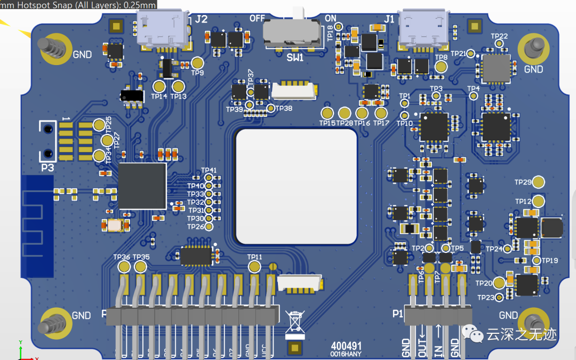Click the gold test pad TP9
coord(197,62)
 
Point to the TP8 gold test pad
coord(441,66)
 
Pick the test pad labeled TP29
coord(539,182)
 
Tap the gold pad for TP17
coord(380,113)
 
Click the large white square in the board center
coord(297,187)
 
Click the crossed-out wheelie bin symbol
coord(294,324)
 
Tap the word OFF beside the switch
coord(257,18)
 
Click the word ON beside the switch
coord(331,18)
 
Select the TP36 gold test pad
coord(124,267)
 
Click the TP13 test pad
coord(178,86)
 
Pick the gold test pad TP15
coord(327,113)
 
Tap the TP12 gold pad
coord(539,201)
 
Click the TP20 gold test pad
coord(499,283)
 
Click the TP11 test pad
coord(254,267)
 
